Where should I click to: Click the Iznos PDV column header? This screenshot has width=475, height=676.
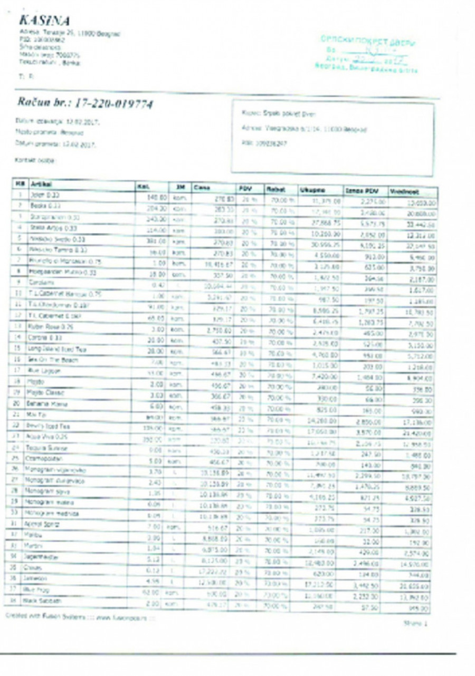(x=358, y=190)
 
